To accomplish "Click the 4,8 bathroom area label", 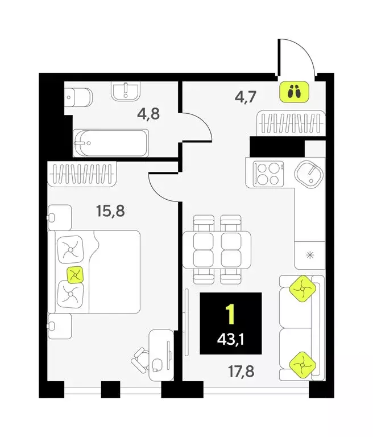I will tap(148, 113).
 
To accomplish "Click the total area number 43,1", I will tap(231, 341).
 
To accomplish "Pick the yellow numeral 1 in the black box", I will tap(230, 315).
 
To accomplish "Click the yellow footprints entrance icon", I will tap(293, 91).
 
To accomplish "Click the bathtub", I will tap(111, 142).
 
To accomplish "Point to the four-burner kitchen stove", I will tap(267, 174).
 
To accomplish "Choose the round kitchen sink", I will tap(309, 173).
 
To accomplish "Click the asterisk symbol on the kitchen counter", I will tap(310, 254).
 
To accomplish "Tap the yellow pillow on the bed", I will tap(74, 275).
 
